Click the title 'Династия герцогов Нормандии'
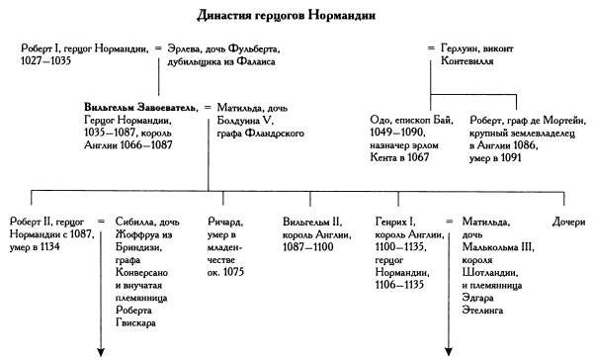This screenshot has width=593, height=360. pyautogui.click(x=296, y=14)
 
